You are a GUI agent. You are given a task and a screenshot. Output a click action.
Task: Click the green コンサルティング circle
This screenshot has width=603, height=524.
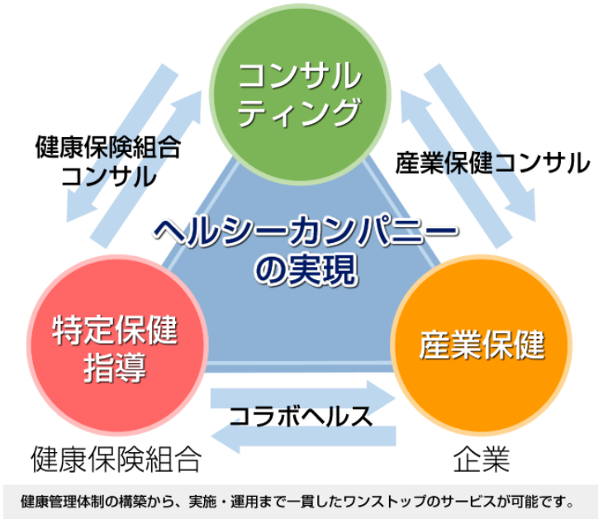(300, 94)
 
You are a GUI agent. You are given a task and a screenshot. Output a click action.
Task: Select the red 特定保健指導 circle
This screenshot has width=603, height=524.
(117, 345)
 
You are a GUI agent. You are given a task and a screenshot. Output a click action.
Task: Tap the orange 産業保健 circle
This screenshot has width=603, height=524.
(482, 345)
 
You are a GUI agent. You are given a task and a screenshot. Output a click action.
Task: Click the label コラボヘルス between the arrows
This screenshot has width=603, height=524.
(301, 417)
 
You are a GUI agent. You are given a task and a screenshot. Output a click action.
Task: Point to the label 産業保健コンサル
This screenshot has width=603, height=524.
(492, 163)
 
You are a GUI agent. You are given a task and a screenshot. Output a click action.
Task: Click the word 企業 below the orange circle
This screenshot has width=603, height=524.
(482, 460)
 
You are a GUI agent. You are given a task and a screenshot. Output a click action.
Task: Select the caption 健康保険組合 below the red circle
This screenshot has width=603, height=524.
(116, 460)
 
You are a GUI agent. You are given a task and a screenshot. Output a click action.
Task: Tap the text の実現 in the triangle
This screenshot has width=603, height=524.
(306, 270)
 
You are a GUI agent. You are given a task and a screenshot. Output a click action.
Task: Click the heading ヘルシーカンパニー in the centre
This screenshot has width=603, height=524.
(306, 231)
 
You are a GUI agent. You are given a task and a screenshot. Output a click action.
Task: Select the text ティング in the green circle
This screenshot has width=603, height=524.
(299, 112)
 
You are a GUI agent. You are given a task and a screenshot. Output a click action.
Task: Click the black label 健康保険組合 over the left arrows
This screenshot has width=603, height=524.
(108, 147)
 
